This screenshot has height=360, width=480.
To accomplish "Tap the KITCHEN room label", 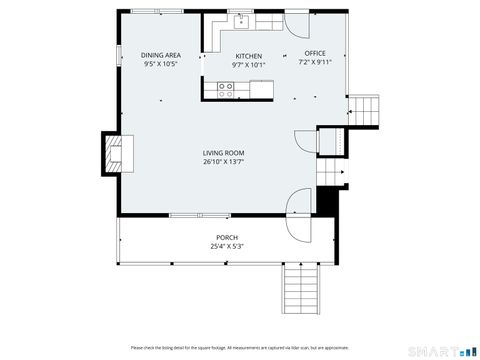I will (x=248, y=56).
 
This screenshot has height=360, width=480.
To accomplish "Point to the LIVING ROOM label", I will (x=223, y=153).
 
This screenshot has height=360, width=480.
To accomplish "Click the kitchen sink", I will (x=240, y=19).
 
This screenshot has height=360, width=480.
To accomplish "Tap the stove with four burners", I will (x=227, y=88).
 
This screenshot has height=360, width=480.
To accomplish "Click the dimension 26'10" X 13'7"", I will (x=223, y=162).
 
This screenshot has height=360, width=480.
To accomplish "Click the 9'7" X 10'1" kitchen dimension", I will (x=248, y=65).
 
